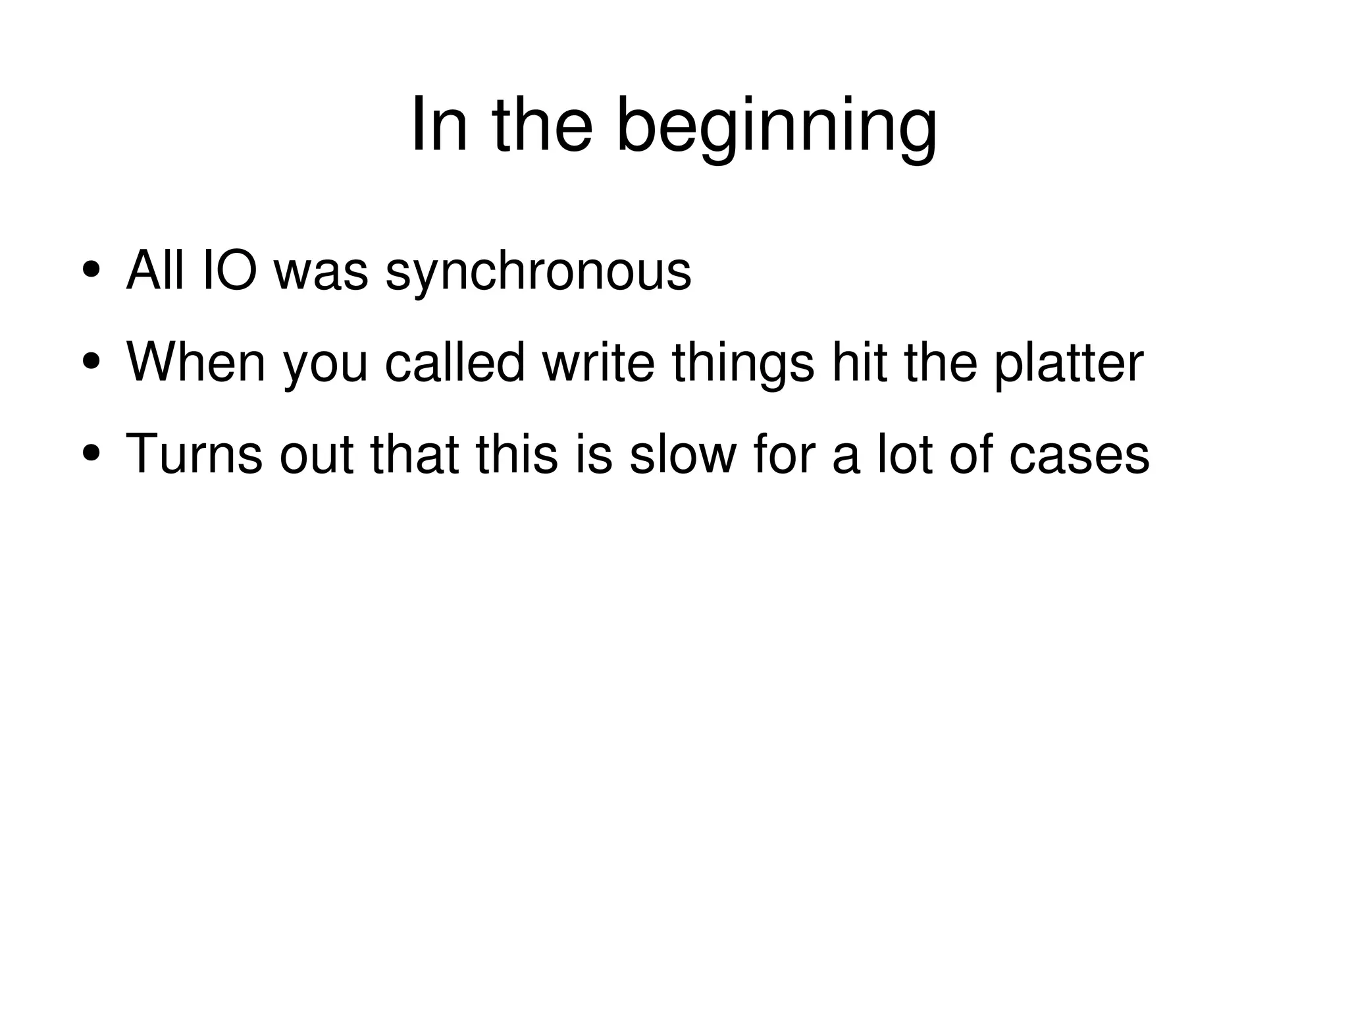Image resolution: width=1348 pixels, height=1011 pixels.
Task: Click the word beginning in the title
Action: [776, 126]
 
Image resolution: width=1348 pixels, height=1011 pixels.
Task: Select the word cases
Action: [1079, 455]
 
